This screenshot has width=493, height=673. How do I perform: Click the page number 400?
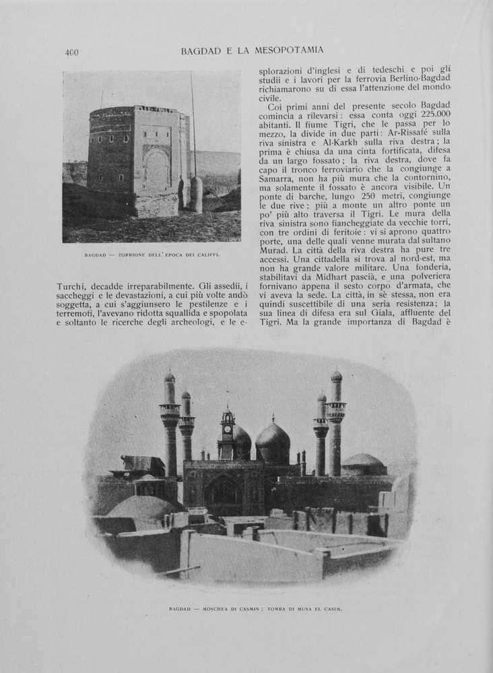[x=72, y=53]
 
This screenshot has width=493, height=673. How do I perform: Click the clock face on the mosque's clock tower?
[x=228, y=429]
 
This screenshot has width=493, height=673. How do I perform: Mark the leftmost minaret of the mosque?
[x=169, y=424]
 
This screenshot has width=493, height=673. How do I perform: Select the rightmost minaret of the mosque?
[x=335, y=424]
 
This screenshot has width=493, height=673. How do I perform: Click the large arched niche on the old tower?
[x=156, y=170]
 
